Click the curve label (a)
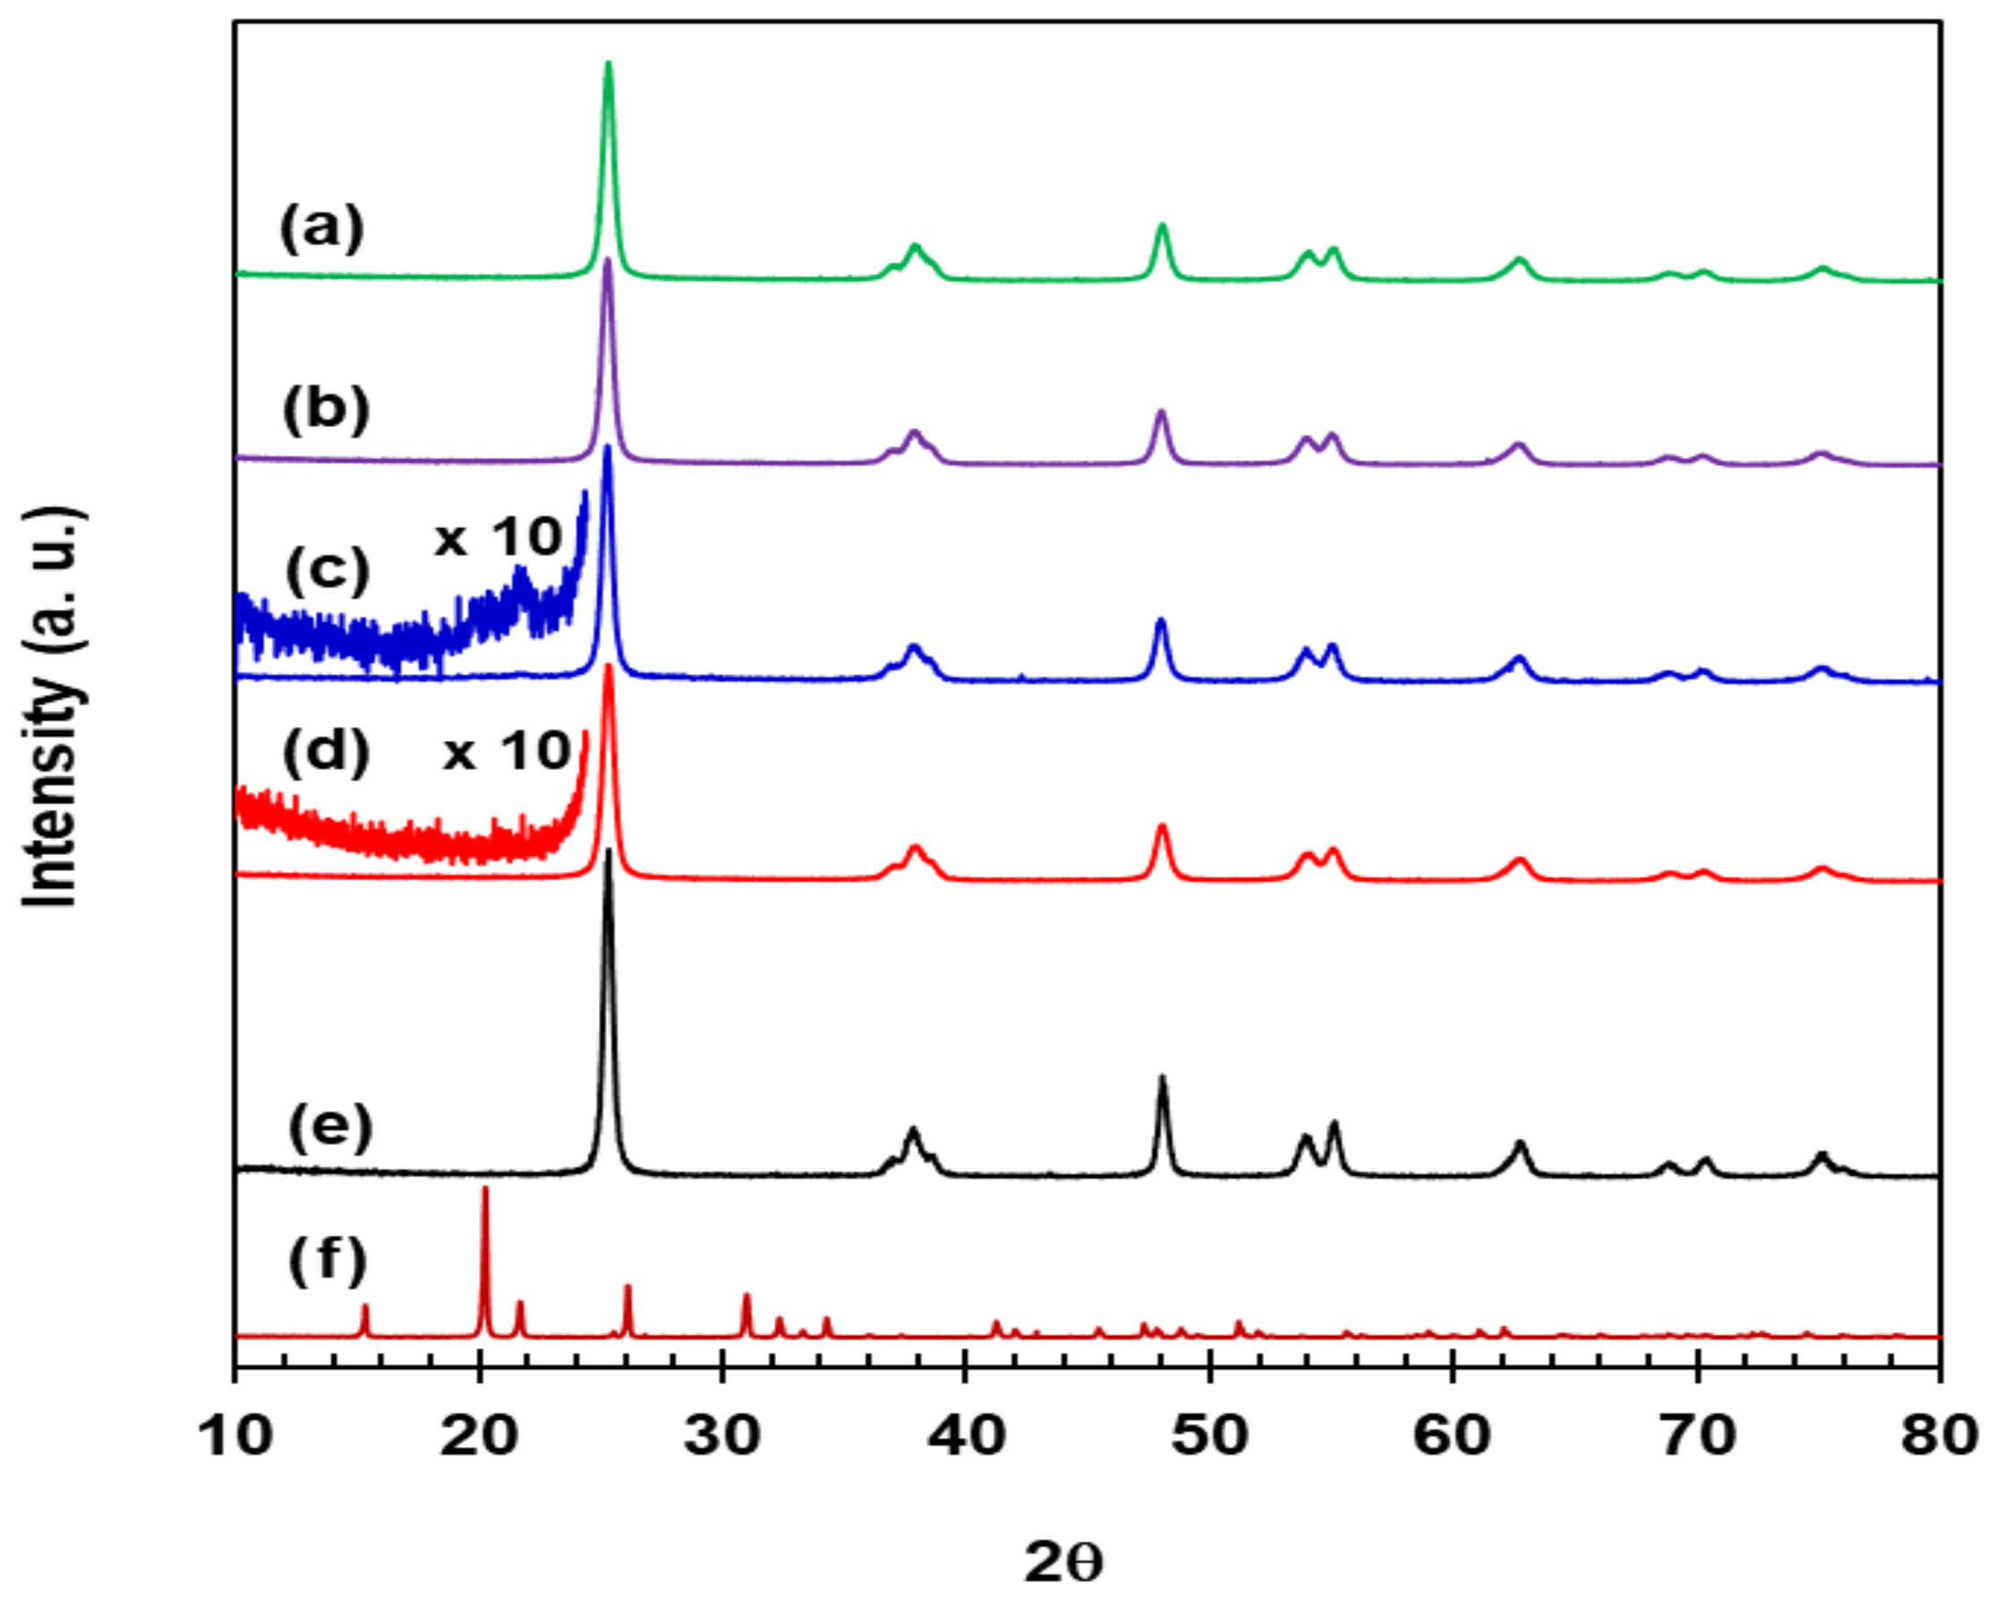point(321,230)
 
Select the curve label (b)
point(327,410)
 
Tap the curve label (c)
point(328,570)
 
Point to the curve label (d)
point(327,752)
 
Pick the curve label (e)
point(330,1128)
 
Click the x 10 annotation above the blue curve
point(499,536)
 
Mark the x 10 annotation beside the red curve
point(507,750)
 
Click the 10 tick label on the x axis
point(236,1435)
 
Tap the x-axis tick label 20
point(479,1435)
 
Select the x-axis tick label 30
point(722,1435)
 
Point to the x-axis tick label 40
point(966,1435)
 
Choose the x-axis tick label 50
point(1210,1435)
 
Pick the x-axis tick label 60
point(1454,1435)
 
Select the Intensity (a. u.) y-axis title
point(54,706)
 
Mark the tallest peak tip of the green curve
point(608,64)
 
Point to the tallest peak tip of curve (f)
point(484,1190)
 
